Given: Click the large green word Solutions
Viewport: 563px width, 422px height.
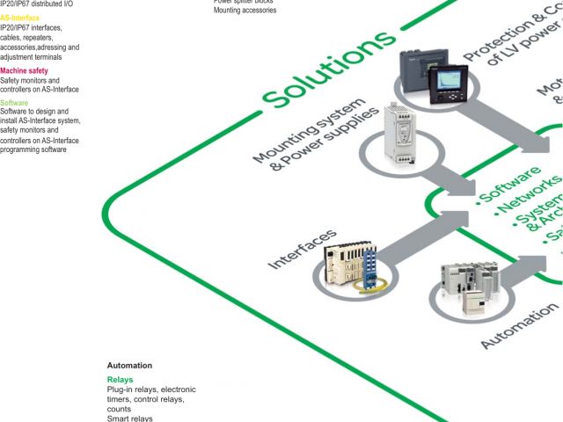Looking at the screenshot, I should point(330,69).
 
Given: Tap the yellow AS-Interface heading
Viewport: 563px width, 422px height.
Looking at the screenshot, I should point(19,18).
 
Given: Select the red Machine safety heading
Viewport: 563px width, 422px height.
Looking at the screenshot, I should point(25,70).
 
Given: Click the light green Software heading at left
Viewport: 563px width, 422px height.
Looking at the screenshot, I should point(15,103).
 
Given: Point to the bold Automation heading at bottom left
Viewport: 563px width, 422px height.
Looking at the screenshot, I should point(129,365).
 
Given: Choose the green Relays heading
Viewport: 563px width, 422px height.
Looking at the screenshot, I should point(120,380).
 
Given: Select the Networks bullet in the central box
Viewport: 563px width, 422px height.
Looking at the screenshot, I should point(530,197).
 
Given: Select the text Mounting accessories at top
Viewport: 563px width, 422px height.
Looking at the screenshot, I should point(245,11).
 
